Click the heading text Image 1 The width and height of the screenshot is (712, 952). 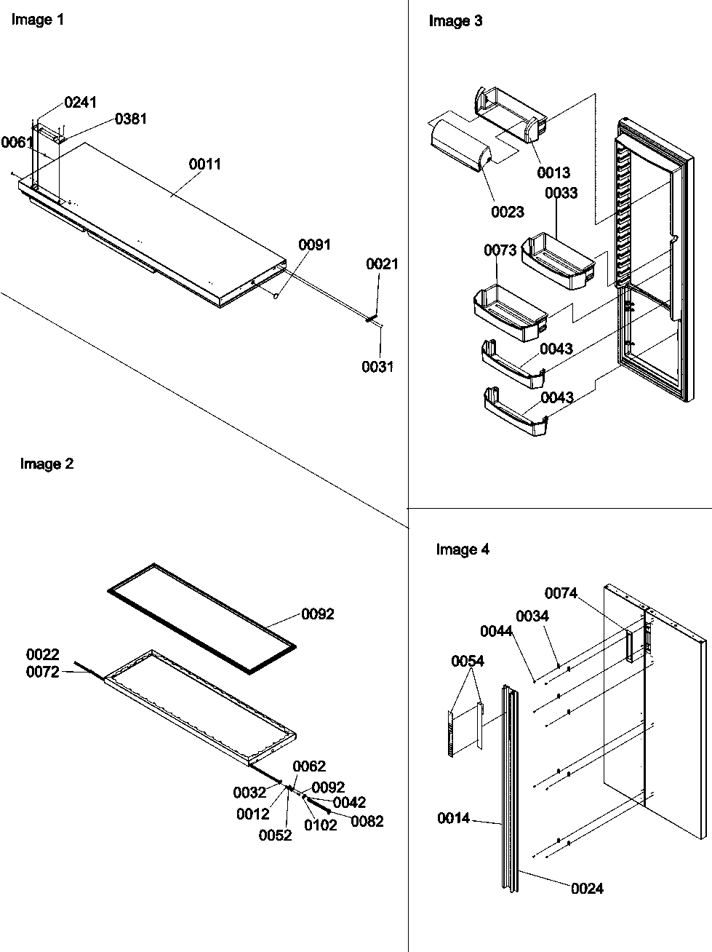(x=38, y=20)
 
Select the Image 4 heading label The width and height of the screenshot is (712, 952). (x=463, y=550)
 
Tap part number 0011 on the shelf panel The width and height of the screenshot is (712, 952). (x=205, y=164)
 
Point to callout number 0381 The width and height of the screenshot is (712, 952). (x=131, y=119)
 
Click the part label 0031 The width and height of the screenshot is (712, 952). (x=377, y=367)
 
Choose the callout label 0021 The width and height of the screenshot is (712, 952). (x=383, y=264)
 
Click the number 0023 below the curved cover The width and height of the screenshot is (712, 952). (x=508, y=212)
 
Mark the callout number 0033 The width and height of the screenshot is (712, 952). (x=561, y=193)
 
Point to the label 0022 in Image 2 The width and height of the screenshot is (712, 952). (x=43, y=655)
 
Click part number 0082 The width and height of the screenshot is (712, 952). (x=367, y=822)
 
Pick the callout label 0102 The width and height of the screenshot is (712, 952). (x=321, y=825)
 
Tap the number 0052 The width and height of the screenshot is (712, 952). (x=276, y=836)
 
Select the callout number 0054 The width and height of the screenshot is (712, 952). (x=467, y=661)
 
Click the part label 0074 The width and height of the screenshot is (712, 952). (x=561, y=594)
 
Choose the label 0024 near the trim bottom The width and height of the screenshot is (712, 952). (x=587, y=889)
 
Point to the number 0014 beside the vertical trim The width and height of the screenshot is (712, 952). (x=453, y=819)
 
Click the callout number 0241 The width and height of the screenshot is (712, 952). (x=80, y=103)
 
